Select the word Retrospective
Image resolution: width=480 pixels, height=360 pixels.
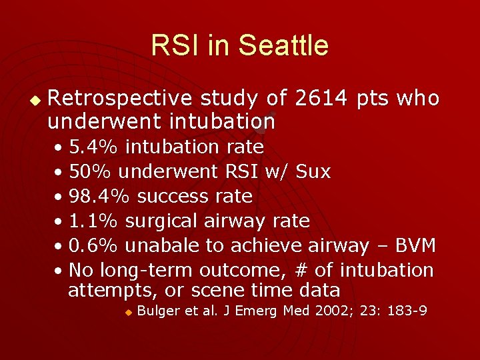[120, 99]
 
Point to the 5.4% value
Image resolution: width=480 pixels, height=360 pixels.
[94, 147]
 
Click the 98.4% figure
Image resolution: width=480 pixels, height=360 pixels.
[102, 196]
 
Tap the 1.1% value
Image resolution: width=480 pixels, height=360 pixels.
[94, 221]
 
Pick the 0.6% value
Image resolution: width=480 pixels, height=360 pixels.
[94, 245]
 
